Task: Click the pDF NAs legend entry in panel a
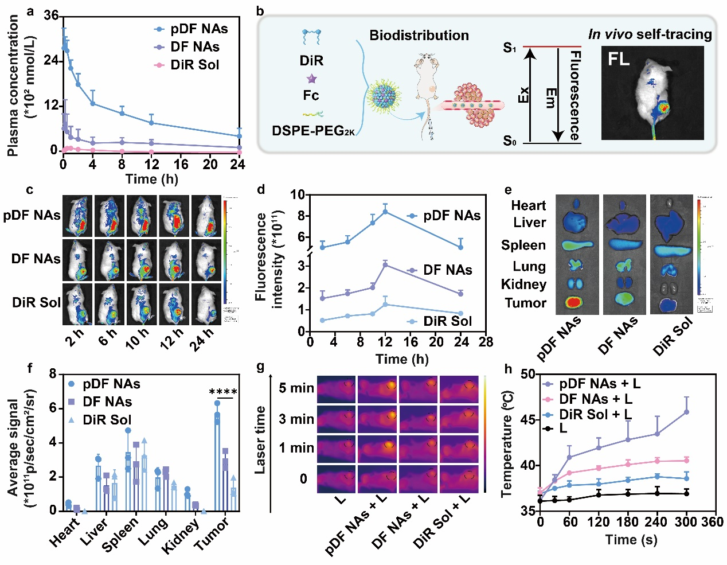(x=198, y=29)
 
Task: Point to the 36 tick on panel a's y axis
(x=52, y=15)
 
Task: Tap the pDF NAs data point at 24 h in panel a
(x=239, y=137)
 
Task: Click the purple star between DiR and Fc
(x=311, y=79)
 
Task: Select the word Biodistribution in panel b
(x=419, y=36)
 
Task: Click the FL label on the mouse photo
(x=619, y=59)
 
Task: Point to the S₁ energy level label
(x=509, y=48)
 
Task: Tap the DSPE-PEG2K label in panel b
(x=313, y=131)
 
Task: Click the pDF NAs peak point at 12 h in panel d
(x=385, y=212)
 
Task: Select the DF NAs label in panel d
(x=447, y=270)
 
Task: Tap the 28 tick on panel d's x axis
(x=486, y=342)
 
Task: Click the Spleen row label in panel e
(x=523, y=246)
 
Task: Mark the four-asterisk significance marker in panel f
(x=223, y=392)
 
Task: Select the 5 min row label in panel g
(x=296, y=388)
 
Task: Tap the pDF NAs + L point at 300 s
(x=686, y=412)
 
